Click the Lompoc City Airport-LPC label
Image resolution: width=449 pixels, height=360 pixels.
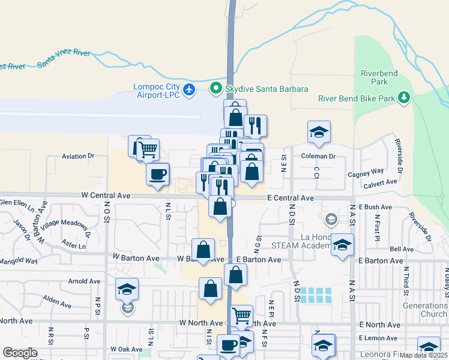[157, 91]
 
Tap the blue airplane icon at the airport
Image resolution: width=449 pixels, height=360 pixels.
[190, 90]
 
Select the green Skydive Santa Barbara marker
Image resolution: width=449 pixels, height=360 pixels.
[216, 89]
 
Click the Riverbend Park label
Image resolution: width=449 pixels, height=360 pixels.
[379, 77]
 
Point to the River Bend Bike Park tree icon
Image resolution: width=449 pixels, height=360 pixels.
[405, 97]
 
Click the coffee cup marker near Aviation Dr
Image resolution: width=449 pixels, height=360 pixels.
[158, 175]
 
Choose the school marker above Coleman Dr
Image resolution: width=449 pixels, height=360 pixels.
[319, 133]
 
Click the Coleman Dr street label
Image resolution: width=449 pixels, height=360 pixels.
[318, 156]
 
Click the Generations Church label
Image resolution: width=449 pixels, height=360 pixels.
[425, 310]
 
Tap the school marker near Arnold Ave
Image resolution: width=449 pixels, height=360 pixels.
[127, 289]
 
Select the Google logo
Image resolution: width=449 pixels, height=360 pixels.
[20, 353]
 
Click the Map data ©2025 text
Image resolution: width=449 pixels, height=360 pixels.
[423, 355]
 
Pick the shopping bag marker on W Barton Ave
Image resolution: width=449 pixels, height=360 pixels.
[203, 250]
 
